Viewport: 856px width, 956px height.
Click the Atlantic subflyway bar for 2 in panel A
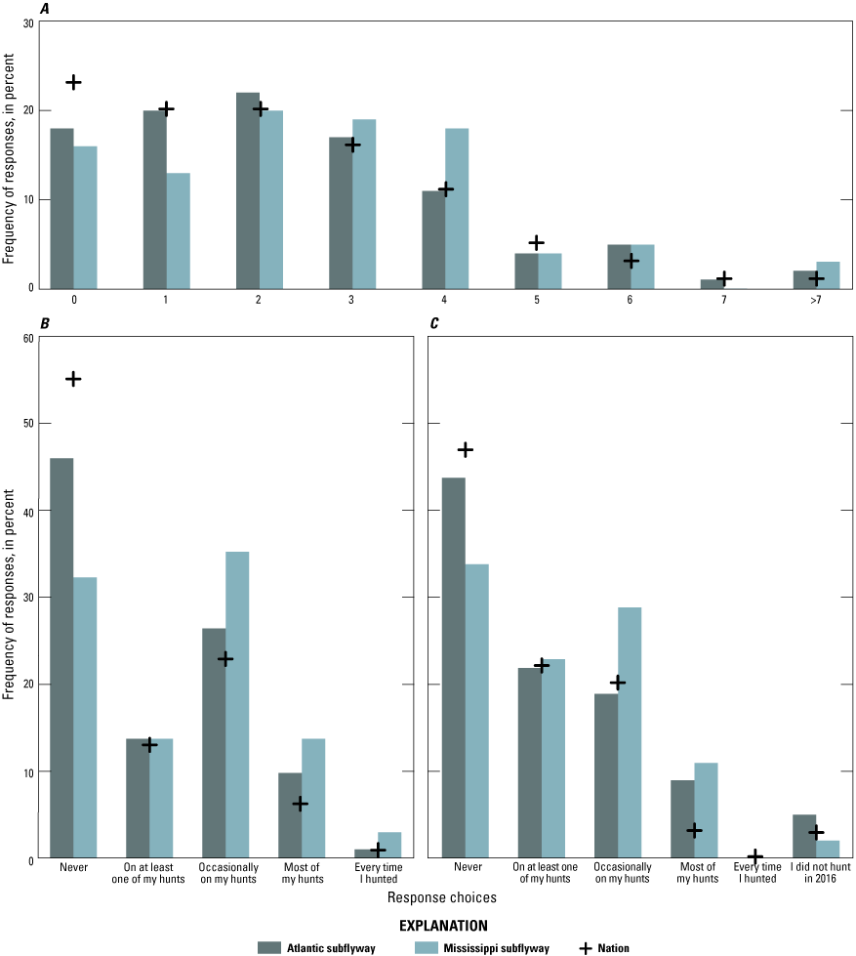pyautogui.click(x=248, y=190)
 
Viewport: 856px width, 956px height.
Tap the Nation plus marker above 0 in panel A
pyautogui.click(x=73, y=82)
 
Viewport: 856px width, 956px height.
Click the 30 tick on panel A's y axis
pyautogui.click(x=27, y=21)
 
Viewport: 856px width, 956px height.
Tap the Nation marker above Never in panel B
pyautogui.click(x=73, y=379)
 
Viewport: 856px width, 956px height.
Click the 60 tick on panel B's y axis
pyautogui.click(x=27, y=338)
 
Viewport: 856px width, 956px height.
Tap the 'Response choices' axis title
pyautogui.click(x=428, y=895)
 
